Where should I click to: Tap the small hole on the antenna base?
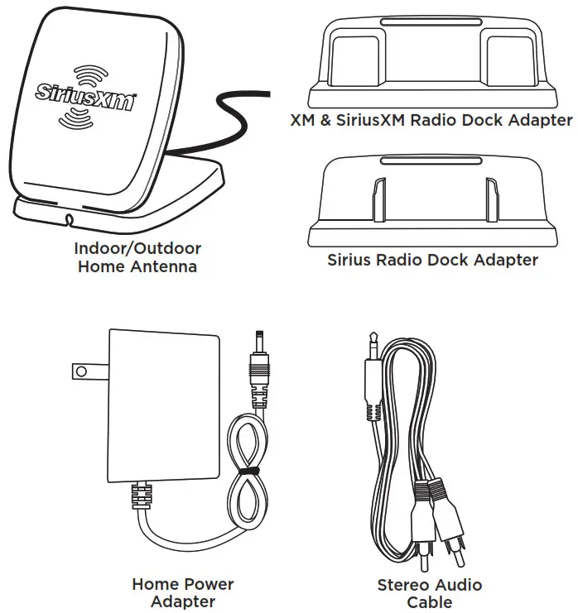click(68, 220)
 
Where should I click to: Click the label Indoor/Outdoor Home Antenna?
click(137, 257)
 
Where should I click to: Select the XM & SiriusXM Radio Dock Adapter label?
click(431, 121)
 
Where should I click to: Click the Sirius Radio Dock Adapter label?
click(432, 260)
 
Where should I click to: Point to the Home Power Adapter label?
click(183, 592)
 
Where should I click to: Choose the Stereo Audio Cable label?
click(429, 592)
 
